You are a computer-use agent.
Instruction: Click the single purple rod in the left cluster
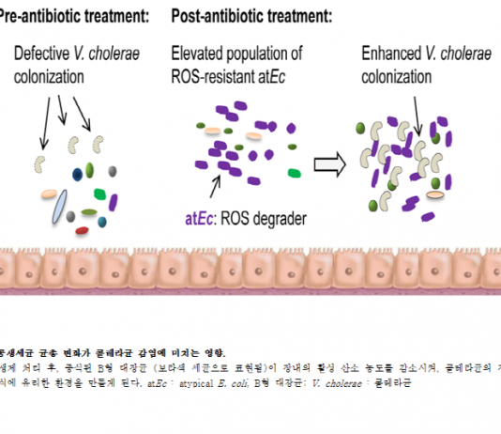[x=114, y=200]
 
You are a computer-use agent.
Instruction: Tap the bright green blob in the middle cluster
[x=295, y=173]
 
